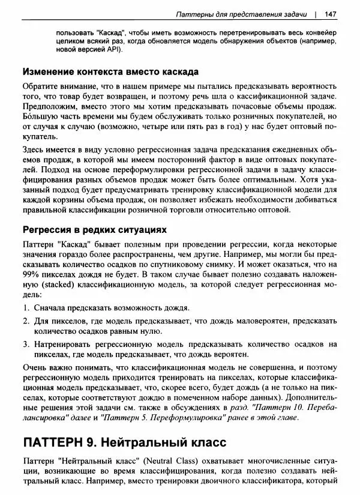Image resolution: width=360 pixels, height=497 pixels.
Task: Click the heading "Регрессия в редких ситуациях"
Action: pyautogui.click(x=94, y=230)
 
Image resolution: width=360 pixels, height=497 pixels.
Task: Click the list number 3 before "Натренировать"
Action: pyautogui.click(x=27, y=345)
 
